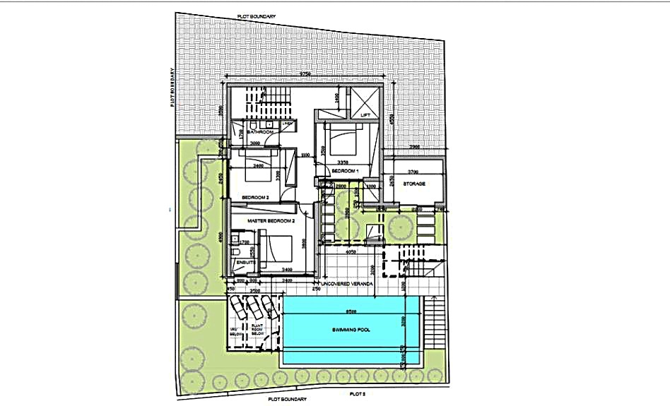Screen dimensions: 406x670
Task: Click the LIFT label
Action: pyautogui.click(x=365, y=114)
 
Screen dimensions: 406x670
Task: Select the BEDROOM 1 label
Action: pyautogui.click(x=346, y=172)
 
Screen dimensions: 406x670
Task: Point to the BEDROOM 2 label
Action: pyautogui.click(x=255, y=197)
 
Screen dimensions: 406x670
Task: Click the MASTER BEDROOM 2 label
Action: pyautogui.click(x=270, y=222)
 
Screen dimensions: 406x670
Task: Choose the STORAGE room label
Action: pyautogui.click(x=414, y=184)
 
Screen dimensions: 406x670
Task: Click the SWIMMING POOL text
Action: pyautogui.click(x=351, y=330)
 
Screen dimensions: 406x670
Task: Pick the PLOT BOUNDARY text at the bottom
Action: pyautogui.click(x=287, y=399)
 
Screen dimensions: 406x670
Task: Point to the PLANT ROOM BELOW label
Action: pyautogui.click(x=258, y=330)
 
